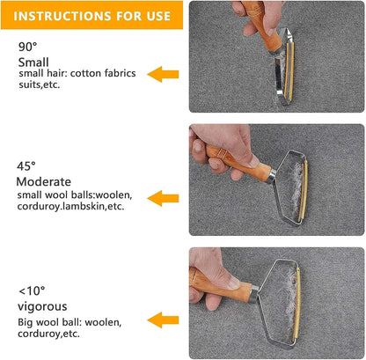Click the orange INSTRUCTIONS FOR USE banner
pyautogui.click(x=91, y=15)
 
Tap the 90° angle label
pyautogui.click(x=27, y=46)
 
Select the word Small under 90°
pyautogui.click(x=33, y=62)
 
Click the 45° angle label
pyautogui.click(x=27, y=165)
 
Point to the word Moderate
pyautogui.click(x=44, y=181)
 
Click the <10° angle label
pyautogui.click(x=31, y=290)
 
